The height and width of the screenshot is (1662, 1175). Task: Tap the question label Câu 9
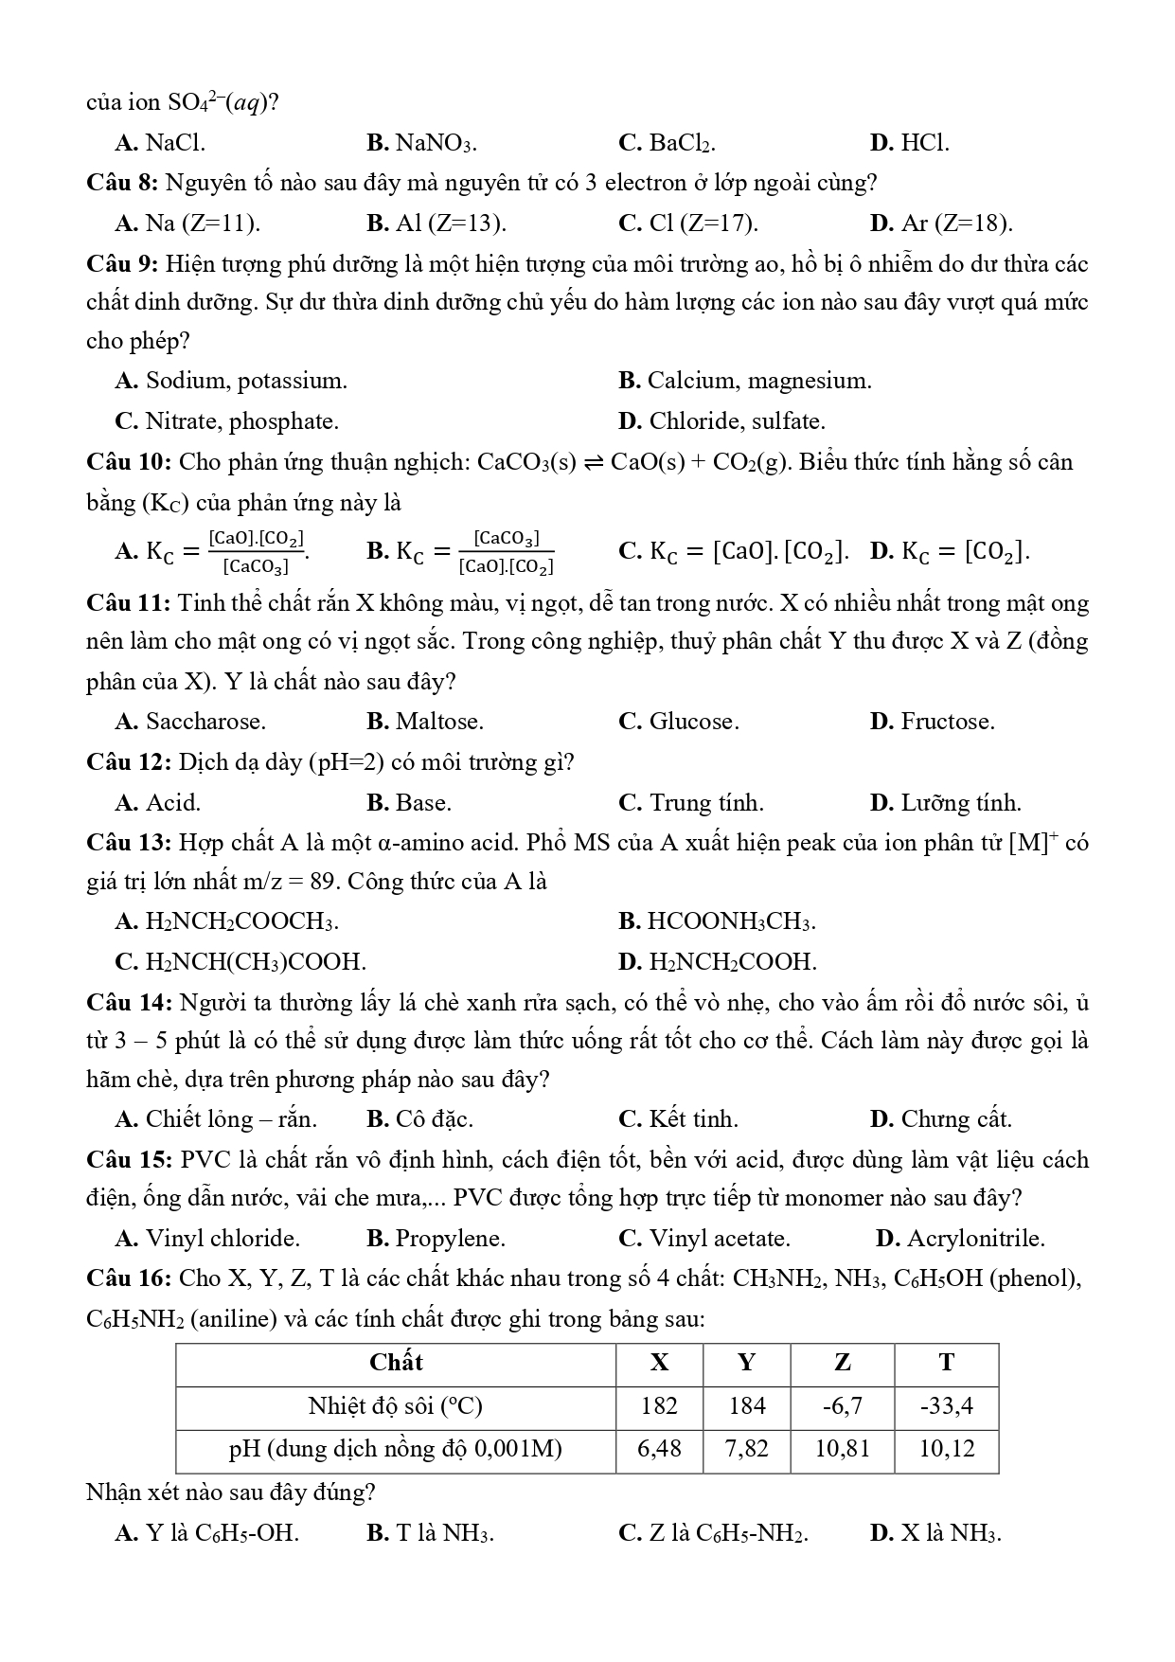click(x=123, y=263)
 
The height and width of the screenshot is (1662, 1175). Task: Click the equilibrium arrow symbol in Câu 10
click(x=594, y=463)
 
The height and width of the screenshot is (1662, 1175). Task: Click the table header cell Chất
click(x=396, y=1364)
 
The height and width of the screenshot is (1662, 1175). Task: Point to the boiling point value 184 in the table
click(x=747, y=1406)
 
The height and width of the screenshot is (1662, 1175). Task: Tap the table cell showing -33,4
click(x=946, y=1406)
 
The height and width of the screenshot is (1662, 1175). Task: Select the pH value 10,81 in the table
click(x=842, y=1449)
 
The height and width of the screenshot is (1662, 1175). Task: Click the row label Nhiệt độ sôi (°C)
click(x=396, y=1406)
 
